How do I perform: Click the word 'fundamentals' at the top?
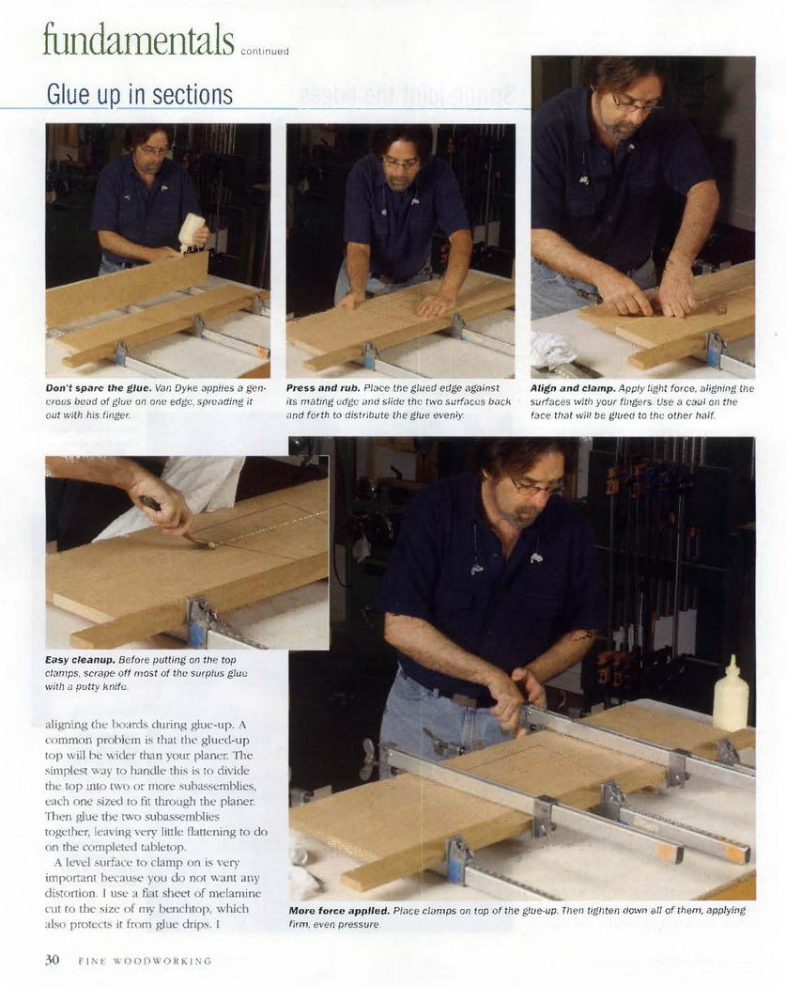click(138, 39)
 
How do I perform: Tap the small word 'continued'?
click(265, 52)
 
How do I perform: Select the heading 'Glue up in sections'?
click(140, 94)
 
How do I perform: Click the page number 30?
click(53, 960)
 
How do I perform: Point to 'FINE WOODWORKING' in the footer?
click(145, 962)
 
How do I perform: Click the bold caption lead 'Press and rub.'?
click(323, 388)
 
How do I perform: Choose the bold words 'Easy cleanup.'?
click(81, 660)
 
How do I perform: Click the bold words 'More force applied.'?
click(340, 911)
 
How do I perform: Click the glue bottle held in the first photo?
click(192, 231)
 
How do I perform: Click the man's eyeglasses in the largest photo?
click(535, 486)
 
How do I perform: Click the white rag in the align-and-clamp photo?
click(553, 352)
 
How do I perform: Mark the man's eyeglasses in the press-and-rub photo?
click(401, 163)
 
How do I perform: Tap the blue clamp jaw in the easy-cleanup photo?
click(197, 624)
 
